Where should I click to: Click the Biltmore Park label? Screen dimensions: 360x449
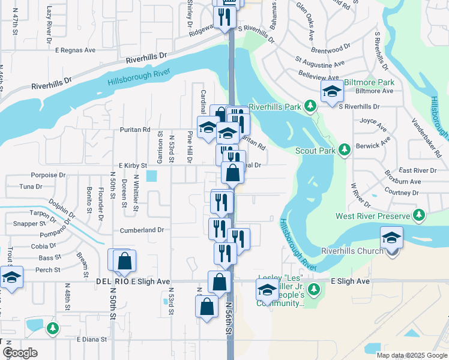[x=374, y=82]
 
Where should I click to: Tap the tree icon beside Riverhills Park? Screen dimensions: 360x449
[x=310, y=107]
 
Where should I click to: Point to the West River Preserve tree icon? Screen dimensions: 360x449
[x=420, y=215]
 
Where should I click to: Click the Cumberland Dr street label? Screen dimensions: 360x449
[x=142, y=230]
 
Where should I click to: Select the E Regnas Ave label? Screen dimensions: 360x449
[x=77, y=51]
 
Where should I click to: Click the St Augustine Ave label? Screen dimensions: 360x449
[x=319, y=62]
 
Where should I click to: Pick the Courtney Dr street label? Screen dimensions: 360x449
[x=401, y=193]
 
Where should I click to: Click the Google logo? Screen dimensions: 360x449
[x=20, y=353]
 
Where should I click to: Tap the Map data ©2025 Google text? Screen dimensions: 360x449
[x=411, y=355]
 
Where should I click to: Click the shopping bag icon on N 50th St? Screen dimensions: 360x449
[x=124, y=262]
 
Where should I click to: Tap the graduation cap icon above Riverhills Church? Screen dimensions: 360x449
[x=391, y=238]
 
